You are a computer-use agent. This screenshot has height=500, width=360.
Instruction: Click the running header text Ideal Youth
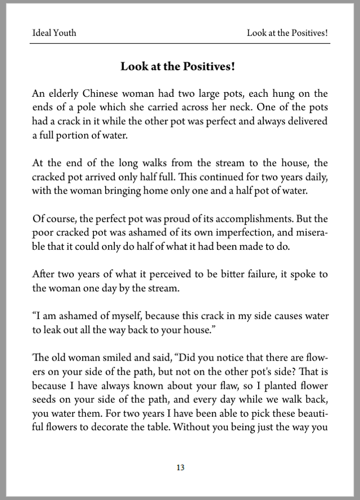54,33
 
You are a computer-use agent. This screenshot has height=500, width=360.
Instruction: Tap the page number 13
180,467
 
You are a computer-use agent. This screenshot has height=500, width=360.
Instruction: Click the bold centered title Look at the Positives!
178,66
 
